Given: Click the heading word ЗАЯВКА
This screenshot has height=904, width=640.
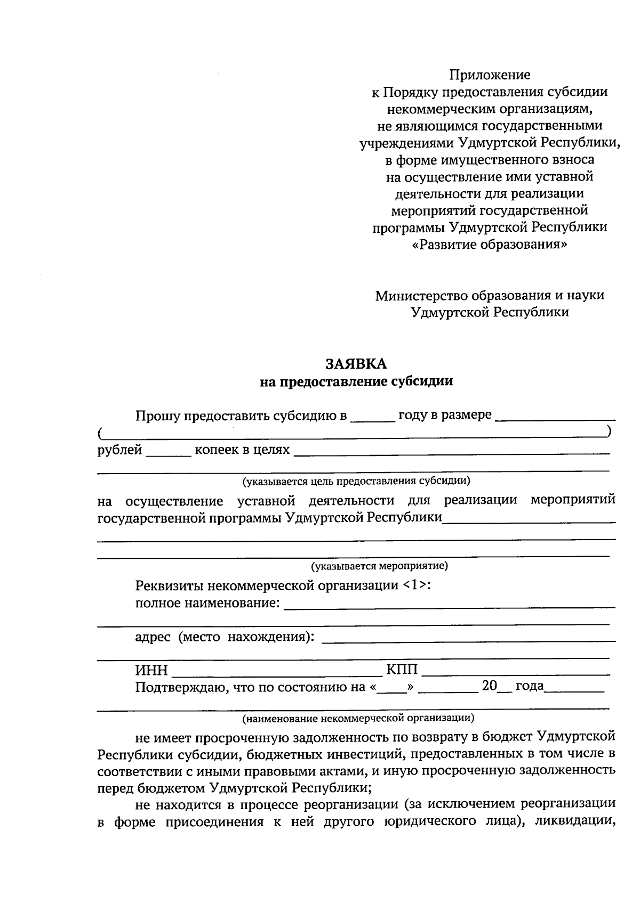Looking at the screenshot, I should tap(356, 364).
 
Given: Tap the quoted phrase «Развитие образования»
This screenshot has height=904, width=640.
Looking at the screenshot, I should tap(490, 245).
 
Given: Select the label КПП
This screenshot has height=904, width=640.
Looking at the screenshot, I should tap(402, 670).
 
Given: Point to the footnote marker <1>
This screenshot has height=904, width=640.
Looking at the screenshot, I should tap(415, 585).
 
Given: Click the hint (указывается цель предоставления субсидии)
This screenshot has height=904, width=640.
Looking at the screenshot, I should tap(356, 482).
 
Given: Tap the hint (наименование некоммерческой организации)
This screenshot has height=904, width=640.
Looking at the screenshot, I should tap(358, 718).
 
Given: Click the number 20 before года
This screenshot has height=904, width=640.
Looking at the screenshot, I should tap(489, 686).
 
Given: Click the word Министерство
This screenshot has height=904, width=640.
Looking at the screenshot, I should tap(422, 295).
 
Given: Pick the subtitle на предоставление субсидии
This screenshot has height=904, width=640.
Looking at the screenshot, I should tap(356, 381).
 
